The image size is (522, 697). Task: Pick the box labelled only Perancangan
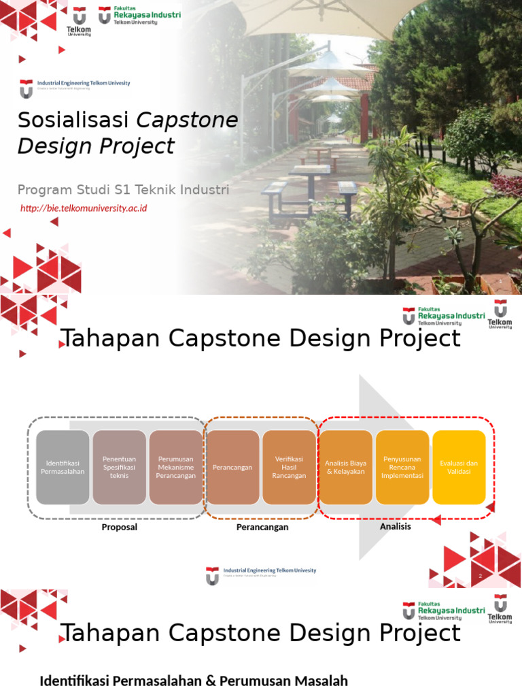[x=232, y=467]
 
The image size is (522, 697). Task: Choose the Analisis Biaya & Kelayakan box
[x=345, y=467]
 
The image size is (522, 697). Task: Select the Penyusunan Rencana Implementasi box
[x=402, y=467]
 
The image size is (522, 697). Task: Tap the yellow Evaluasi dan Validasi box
[x=459, y=467]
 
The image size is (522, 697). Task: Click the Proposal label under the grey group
[x=119, y=527]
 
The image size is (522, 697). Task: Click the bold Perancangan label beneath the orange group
[x=262, y=527]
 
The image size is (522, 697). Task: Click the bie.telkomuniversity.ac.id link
[x=83, y=208]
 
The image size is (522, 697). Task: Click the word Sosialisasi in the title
[x=73, y=120]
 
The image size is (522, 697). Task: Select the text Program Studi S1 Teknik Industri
[x=123, y=189]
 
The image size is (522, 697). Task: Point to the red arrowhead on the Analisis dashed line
[x=436, y=520]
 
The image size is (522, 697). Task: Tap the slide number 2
[x=480, y=576]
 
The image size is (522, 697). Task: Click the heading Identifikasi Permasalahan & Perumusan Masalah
[x=194, y=681]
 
